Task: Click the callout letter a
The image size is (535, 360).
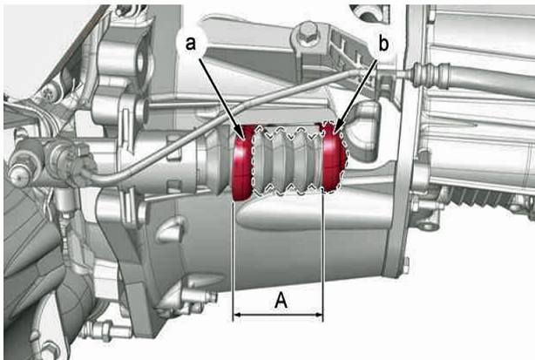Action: (191, 44)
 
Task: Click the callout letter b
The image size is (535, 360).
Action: (383, 44)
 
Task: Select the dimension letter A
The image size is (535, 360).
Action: (281, 300)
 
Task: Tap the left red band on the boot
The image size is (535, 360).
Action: (242, 162)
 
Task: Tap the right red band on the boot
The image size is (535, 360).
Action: (333, 158)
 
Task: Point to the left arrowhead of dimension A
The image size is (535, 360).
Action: (236, 315)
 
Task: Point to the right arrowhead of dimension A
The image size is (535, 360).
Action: (319, 315)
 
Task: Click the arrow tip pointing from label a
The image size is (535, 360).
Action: (245, 140)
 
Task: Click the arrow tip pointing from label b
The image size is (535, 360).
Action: (336, 133)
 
